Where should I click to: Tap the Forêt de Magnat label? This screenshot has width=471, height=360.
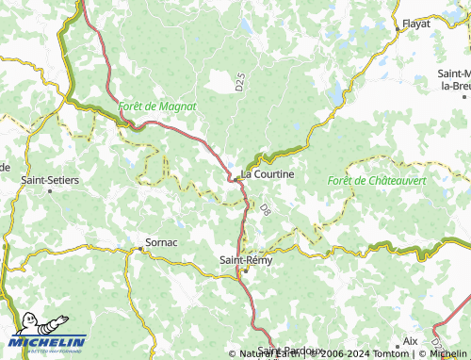point(157,106)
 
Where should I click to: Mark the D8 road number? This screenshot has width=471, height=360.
point(266,208)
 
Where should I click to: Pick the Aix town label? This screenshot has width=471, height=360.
point(410,340)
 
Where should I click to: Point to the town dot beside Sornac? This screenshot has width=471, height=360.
point(141,248)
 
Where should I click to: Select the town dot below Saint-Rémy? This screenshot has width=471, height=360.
point(244,271)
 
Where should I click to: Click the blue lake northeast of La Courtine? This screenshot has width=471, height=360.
point(336,91)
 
